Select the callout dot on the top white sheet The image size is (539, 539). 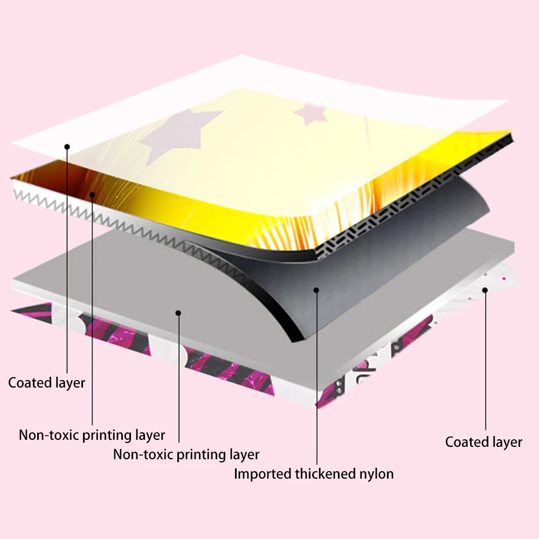(67, 146)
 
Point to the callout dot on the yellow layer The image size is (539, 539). (93, 194)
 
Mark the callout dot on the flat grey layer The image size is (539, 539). (178, 312)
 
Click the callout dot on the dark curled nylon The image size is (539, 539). (316, 290)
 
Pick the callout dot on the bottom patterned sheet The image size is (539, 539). (485, 290)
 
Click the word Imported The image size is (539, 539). (262, 474)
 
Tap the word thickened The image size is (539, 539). (326, 474)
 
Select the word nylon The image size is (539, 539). (376, 474)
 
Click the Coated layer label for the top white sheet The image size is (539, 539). (47, 383)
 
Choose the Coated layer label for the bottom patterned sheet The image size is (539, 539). (483, 443)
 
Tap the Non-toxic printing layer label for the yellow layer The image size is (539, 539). (92, 435)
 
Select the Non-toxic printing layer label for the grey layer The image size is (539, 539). (186, 454)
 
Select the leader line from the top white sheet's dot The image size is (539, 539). (67, 259)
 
